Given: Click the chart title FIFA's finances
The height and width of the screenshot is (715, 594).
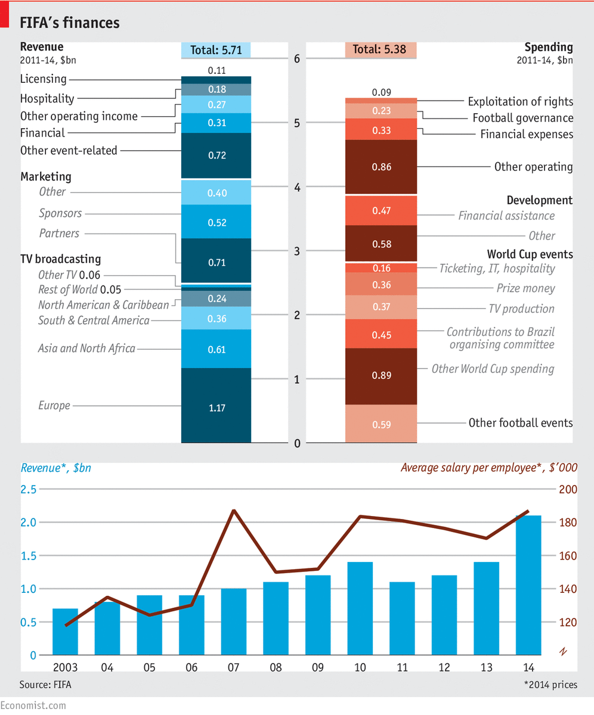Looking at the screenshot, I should (70, 23).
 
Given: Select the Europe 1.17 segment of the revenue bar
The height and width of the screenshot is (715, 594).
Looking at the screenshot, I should (216, 408).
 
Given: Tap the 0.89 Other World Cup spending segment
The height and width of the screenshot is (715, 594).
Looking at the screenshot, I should (382, 375).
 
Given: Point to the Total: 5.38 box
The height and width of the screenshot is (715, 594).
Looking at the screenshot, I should (379, 50).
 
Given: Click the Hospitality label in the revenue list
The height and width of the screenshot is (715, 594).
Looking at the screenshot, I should (47, 99).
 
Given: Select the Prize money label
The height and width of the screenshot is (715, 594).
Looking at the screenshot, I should (525, 288).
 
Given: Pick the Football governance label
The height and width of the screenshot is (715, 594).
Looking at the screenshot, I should (522, 118).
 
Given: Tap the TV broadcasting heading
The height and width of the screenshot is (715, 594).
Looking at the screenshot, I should (60, 259).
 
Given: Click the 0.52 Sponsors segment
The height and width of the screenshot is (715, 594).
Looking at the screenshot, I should (216, 222).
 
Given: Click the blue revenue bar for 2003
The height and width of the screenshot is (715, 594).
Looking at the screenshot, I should (65, 632).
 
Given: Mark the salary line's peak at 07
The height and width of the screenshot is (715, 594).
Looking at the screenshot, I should (234, 511).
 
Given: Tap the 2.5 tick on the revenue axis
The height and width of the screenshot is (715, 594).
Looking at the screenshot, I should (29, 489).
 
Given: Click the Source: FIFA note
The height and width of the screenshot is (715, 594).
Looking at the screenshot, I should (45, 684).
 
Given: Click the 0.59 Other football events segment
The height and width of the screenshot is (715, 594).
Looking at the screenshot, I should (382, 424).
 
